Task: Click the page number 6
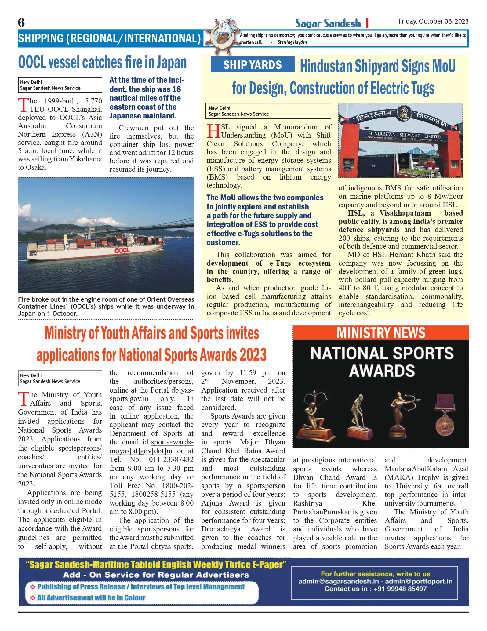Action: [x=21, y=23]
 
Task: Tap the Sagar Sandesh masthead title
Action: [x=328, y=23]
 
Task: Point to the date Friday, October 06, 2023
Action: [x=433, y=21]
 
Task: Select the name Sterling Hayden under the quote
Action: [x=292, y=42]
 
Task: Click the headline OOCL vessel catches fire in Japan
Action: [x=102, y=63]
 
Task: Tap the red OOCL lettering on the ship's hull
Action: [x=122, y=250]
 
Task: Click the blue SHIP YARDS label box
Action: [x=252, y=65]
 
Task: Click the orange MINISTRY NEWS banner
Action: [x=380, y=333]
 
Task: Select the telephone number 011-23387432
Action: [x=171, y=460]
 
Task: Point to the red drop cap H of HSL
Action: [x=213, y=131]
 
